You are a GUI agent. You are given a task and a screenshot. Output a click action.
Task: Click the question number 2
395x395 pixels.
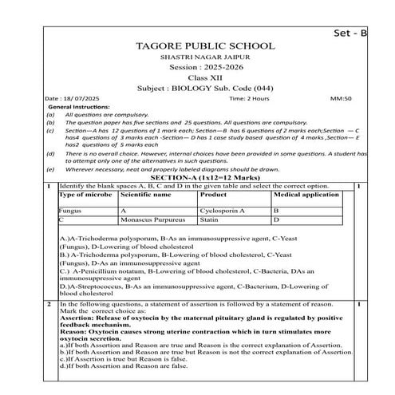point(49,304)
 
